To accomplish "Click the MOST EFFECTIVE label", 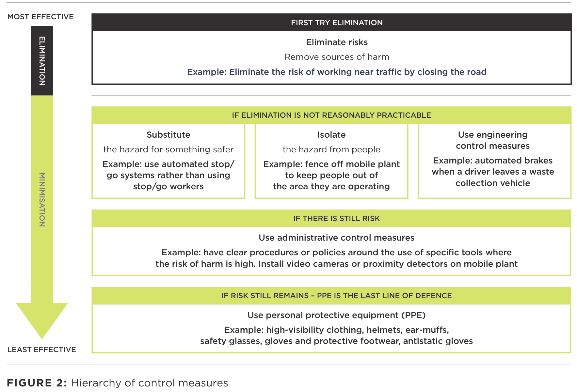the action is pos(40,17).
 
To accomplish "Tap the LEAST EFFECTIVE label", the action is pos(41,349).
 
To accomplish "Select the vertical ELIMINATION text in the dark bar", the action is pos(42,61).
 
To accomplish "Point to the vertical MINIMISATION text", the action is pos(42,200).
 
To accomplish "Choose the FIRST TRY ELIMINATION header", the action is pos(337,23).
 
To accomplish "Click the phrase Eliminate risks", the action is pos(337,42).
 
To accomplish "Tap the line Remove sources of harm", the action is pos(337,57).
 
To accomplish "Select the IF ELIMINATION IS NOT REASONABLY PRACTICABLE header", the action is pos(331,115).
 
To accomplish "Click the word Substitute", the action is pos(168,135).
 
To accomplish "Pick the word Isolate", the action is pos(331,135).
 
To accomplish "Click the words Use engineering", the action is pos(493,135).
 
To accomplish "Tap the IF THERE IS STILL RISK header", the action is pos(337,218).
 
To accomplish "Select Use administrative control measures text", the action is pos(337,238).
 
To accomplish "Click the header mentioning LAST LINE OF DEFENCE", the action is pos(337,296).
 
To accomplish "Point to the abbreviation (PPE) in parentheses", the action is pos(413,315).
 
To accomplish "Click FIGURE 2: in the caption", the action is pos(37,383).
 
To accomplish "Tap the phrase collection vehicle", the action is pos(493,183).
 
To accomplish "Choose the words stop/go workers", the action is pos(168,186).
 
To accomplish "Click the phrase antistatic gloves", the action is pos(438,341).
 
